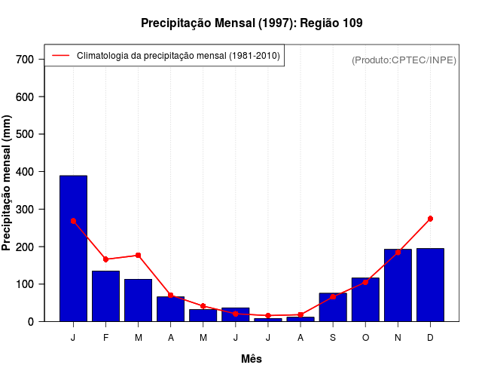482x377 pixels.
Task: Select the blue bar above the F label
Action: [105, 296]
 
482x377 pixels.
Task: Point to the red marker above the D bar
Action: [430, 219]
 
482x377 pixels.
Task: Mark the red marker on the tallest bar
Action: [73, 221]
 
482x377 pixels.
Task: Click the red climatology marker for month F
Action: [105, 259]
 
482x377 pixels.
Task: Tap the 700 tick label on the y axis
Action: [26, 60]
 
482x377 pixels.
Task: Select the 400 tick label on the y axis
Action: [26, 172]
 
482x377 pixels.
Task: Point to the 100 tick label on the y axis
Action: [26, 284]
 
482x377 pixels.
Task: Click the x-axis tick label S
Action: [332, 337]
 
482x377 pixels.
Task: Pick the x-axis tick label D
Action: [430, 337]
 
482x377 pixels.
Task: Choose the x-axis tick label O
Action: [365, 337]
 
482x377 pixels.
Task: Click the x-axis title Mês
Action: [252, 359]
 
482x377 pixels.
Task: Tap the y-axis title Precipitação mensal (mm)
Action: [8, 182]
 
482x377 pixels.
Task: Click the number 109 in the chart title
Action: [352, 23]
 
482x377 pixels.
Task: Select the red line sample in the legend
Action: [60, 55]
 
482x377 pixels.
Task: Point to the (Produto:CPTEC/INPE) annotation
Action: [404, 60]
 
